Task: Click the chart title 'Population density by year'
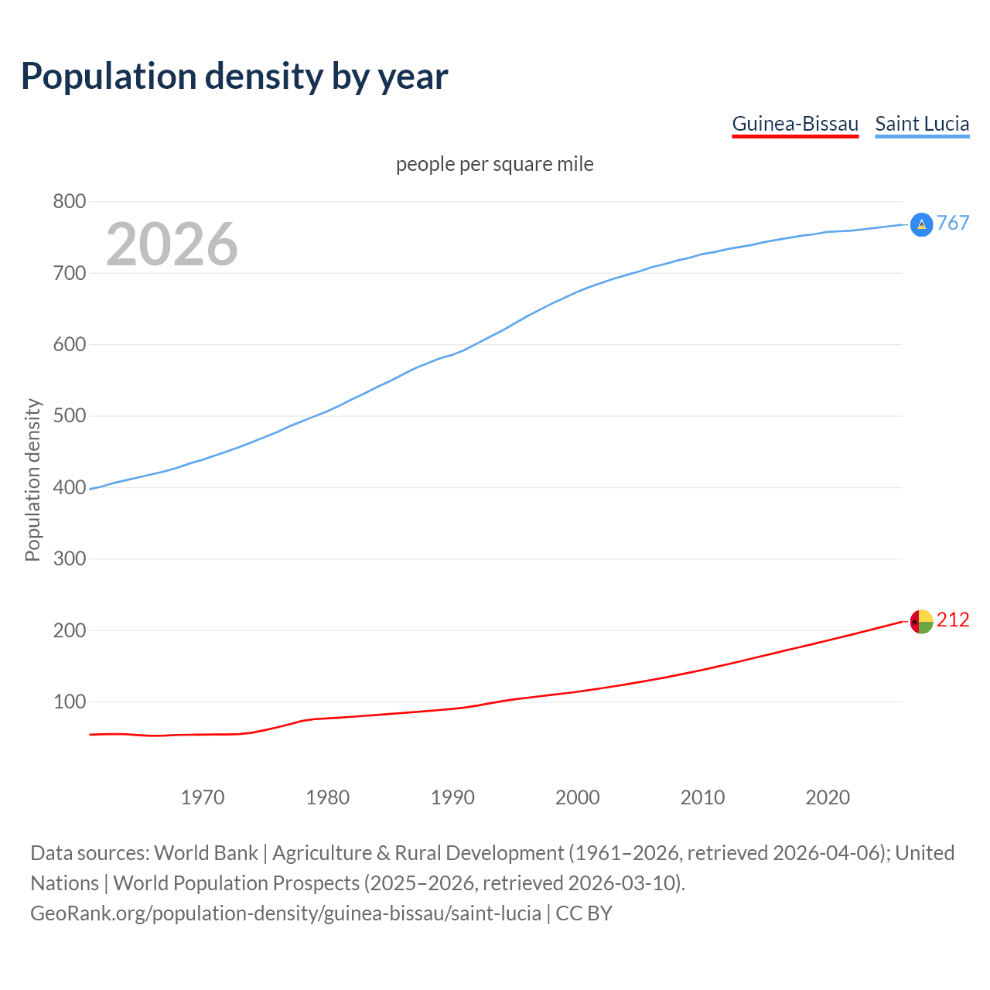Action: pos(234,76)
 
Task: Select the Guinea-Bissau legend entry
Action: pos(795,124)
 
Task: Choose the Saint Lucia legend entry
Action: pos(922,124)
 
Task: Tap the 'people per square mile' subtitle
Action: pos(495,164)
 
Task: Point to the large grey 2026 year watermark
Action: pos(172,244)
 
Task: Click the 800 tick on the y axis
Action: pos(69,202)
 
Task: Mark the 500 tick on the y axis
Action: pos(69,416)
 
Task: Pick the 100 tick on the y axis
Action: pos(69,702)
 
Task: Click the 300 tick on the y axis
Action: pos(69,558)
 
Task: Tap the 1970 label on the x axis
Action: pos(203,797)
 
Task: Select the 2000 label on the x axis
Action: pos(578,797)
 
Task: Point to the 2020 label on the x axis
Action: pos(828,797)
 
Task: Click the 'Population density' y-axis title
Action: pos(32,480)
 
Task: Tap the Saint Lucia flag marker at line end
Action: pos(921,224)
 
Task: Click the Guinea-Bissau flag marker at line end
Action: pos(921,621)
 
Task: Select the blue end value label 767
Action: pos(953,224)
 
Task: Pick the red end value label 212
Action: pos(953,620)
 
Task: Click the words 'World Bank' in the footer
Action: pos(206,853)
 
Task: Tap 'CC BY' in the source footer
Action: pos(584,913)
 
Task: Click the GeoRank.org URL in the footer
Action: pos(285,913)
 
